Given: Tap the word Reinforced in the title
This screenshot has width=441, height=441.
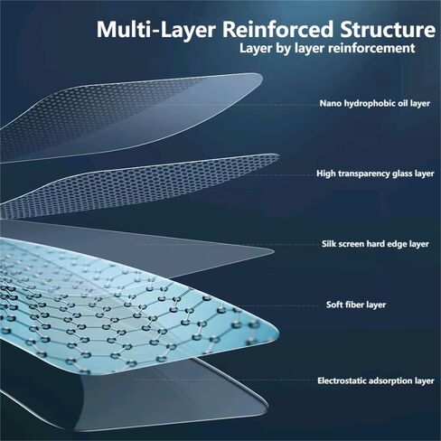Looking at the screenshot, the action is [278, 30].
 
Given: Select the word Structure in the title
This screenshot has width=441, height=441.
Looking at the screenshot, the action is [388, 30].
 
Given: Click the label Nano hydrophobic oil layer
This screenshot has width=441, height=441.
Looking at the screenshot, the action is [375, 103].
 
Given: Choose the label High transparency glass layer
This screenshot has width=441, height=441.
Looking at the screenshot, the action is [375, 174].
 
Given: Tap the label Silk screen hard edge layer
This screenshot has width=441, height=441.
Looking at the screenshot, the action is [375, 244].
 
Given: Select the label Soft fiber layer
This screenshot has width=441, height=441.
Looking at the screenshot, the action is [356, 305].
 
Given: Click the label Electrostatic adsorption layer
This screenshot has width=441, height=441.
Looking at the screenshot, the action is [376, 380].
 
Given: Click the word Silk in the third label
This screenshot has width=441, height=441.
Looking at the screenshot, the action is [328, 243].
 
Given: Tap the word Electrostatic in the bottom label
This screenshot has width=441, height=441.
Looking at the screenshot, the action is [342, 380].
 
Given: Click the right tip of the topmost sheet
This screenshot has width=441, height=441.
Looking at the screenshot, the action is [262, 77].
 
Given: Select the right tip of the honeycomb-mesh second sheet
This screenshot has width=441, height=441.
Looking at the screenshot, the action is [278, 157].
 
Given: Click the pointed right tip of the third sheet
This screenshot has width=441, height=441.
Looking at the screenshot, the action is [274, 250].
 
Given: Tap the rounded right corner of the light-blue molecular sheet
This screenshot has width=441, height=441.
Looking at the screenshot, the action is [277, 334].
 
